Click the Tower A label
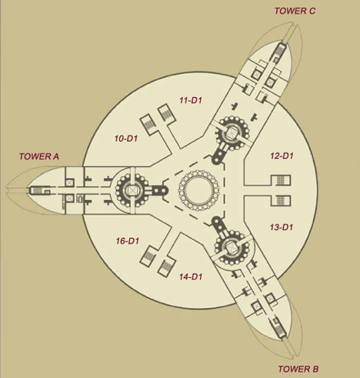click(x=39, y=156)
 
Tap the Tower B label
click(x=298, y=369)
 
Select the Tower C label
click(x=295, y=11)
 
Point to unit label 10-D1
click(x=126, y=139)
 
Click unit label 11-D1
click(x=191, y=100)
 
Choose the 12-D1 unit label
click(x=282, y=156)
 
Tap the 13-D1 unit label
click(x=282, y=227)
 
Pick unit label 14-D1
click(x=191, y=276)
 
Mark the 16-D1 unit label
click(x=128, y=241)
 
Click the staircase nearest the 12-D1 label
click(x=281, y=180)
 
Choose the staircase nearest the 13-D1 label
click(x=281, y=201)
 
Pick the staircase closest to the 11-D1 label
click(x=167, y=112)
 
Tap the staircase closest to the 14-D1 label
click(x=167, y=267)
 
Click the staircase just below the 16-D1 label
click(x=148, y=255)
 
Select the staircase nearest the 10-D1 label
click(x=148, y=124)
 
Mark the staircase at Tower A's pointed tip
click(x=37, y=190)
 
